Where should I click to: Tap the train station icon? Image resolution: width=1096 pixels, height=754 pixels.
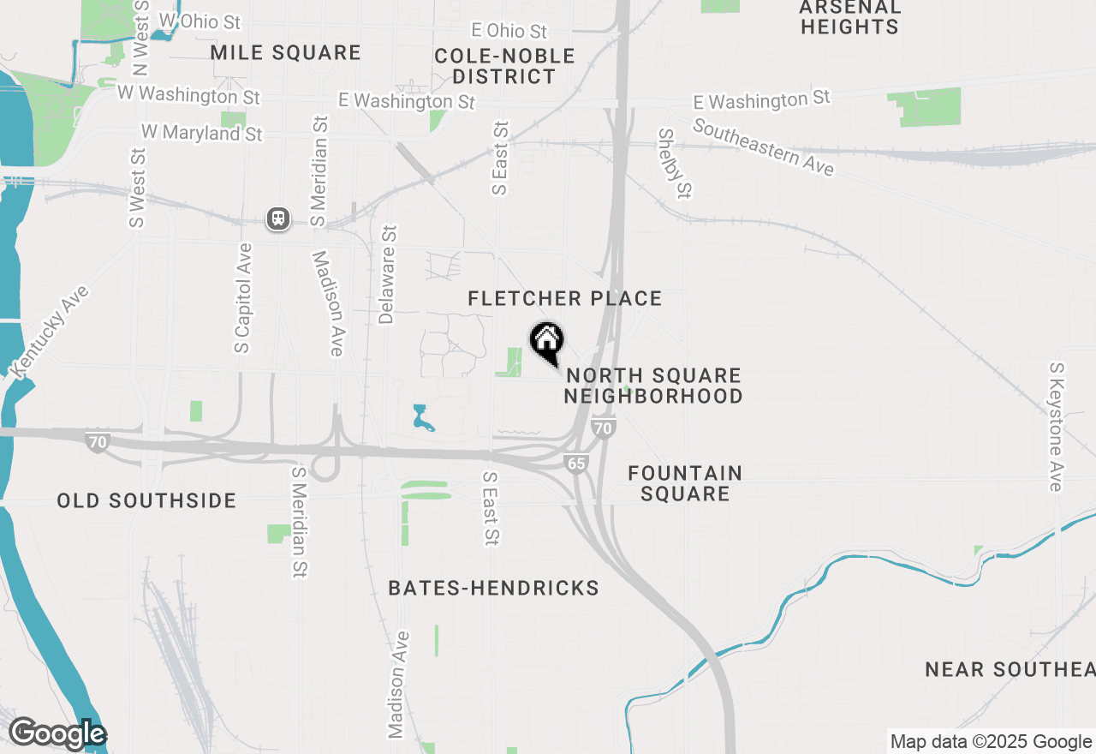click(278, 218)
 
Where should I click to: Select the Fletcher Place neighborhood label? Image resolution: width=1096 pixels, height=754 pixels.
click(565, 298)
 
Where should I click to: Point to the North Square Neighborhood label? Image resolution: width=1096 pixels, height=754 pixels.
click(652, 386)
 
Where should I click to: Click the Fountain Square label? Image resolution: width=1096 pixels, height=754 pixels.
click(685, 483)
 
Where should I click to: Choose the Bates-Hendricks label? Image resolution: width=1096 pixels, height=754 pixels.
click(493, 588)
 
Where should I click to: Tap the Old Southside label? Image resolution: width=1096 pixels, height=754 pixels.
click(146, 500)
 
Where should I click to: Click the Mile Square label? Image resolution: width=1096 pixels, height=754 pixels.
click(285, 53)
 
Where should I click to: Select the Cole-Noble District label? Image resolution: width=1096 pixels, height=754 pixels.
click(504, 66)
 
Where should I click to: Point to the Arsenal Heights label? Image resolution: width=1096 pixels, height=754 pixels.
click(849, 17)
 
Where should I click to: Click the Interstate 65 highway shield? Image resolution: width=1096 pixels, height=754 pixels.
click(576, 464)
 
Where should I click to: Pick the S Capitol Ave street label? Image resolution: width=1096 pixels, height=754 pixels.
click(244, 298)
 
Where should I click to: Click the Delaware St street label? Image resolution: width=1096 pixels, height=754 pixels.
click(388, 274)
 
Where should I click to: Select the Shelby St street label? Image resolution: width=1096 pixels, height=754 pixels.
click(675, 163)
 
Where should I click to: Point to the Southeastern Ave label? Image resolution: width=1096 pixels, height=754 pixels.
click(763, 147)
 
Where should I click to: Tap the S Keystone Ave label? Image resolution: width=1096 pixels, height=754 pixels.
click(1057, 427)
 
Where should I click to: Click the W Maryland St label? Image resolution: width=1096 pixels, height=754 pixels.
click(202, 134)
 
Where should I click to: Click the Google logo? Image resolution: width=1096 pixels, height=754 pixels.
click(57, 733)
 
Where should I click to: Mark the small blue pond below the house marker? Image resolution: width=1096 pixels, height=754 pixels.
click(420, 417)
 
